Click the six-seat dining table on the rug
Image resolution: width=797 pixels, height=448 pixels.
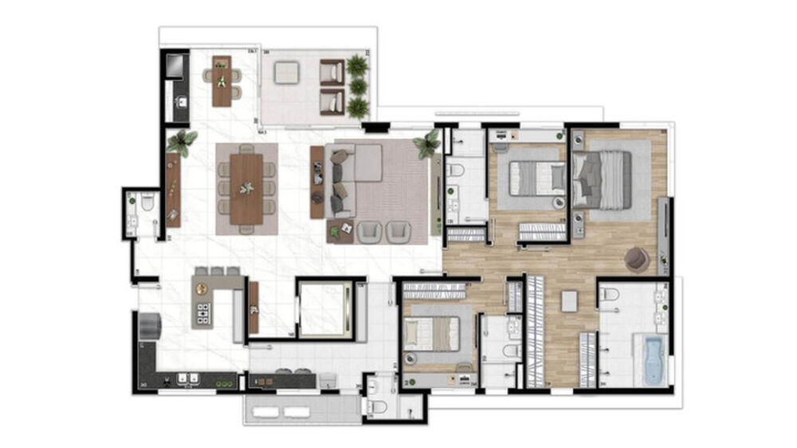click(246, 188)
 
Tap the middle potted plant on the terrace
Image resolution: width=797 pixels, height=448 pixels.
click(358, 85)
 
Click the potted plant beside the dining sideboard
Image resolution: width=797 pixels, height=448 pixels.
click(182, 143)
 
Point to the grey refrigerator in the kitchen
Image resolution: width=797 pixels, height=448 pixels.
click(149, 324)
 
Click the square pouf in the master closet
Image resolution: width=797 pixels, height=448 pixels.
click(569, 301)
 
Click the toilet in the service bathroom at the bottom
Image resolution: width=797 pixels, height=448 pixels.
click(379, 407)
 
